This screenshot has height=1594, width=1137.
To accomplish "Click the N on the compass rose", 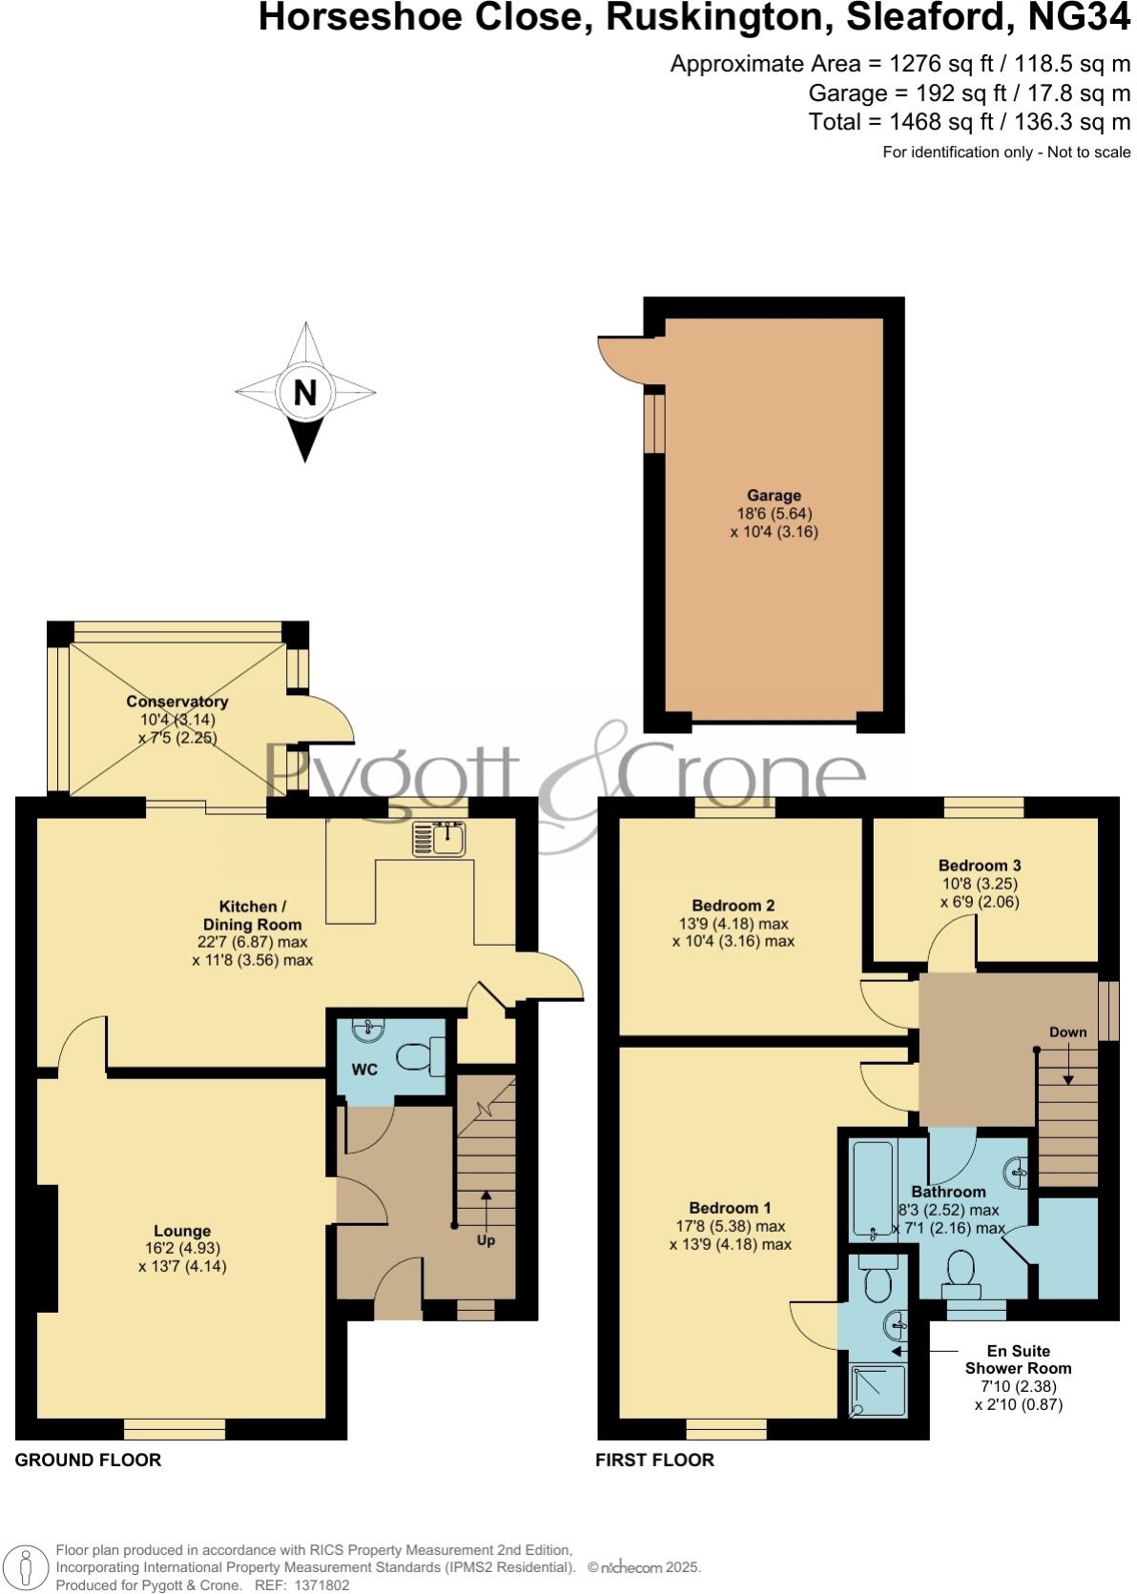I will (304, 392).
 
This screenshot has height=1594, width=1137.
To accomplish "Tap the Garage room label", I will (774, 496).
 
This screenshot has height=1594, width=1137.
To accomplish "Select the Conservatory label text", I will (176, 702).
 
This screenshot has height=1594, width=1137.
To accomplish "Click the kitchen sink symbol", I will (439, 838).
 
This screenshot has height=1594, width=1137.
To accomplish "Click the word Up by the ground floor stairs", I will (486, 1240).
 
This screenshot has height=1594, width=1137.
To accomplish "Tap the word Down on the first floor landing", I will (1067, 1032).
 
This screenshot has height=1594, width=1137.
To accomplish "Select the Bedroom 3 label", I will (979, 866).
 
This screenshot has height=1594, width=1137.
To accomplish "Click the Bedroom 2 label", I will (733, 906).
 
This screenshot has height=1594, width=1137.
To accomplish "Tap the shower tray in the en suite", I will (872, 1390).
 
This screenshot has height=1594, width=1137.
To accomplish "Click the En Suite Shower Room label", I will (1018, 1359).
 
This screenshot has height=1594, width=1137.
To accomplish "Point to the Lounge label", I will (182, 1231).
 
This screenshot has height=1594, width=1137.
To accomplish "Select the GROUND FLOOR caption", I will (88, 1460).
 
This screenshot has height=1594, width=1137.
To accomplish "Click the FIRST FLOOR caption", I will (654, 1460).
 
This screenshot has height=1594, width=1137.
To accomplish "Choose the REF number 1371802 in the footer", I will (323, 1585).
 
